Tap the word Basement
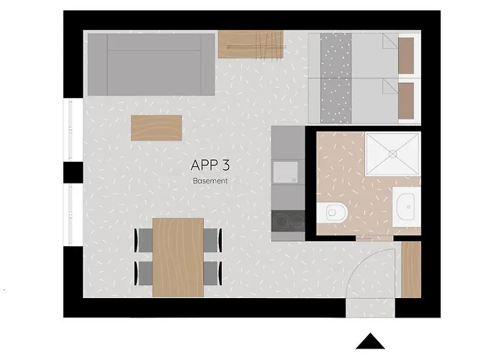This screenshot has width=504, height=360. click(x=210, y=181)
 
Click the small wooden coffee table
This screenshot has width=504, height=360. click(x=156, y=128)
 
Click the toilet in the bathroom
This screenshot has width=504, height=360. click(x=333, y=212)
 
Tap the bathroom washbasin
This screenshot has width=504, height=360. click(x=407, y=207)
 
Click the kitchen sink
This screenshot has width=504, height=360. click(x=287, y=173)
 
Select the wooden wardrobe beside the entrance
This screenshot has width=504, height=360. click(x=410, y=269)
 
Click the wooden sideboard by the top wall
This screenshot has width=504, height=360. click(x=252, y=45)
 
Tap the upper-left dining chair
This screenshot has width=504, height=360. click(x=144, y=239)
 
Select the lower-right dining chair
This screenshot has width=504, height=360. click(x=212, y=272)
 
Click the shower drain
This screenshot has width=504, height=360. click(x=392, y=153)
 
